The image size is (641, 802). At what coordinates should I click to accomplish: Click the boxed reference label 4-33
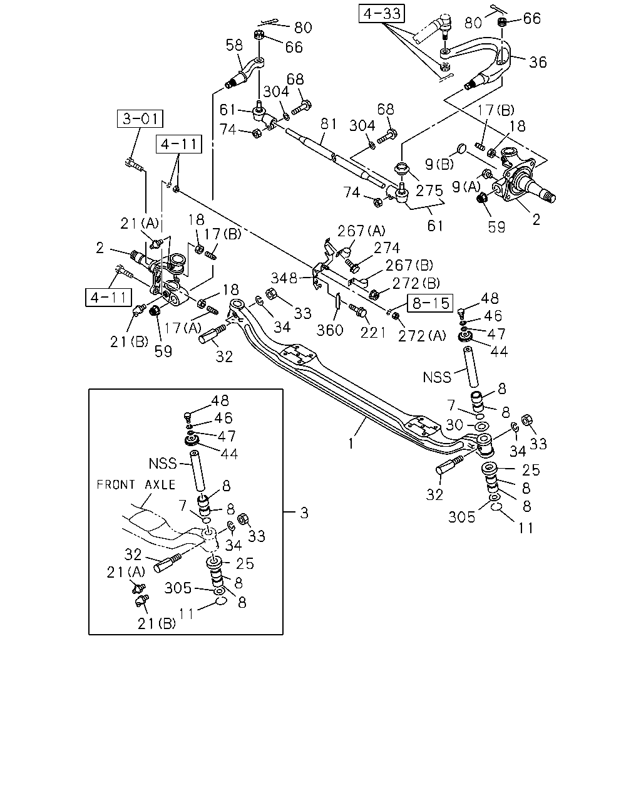(381, 14)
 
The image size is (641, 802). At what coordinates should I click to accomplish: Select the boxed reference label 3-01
(140, 119)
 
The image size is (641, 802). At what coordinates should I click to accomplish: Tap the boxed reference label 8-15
(430, 303)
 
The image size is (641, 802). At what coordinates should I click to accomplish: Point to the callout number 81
(329, 123)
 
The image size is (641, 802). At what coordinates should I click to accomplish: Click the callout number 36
(538, 62)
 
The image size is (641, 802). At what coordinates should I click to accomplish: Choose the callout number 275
(429, 191)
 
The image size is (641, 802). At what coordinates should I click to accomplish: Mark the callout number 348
(284, 278)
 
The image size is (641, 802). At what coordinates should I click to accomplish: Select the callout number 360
(330, 330)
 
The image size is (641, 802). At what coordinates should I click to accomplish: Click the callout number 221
(373, 333)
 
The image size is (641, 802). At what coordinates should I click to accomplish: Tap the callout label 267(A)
(361, 231)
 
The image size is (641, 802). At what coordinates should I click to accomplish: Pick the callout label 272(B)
(416, 284)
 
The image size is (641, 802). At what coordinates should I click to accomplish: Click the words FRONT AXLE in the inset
(136, 484)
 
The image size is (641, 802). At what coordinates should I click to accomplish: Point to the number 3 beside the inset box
(304, 513)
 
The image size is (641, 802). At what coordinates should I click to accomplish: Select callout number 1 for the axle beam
(351, 444)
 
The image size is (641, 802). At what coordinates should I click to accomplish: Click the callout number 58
(234, 46)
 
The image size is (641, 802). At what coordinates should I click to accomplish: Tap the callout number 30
(454, 424)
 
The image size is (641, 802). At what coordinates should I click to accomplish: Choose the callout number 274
(387, 248)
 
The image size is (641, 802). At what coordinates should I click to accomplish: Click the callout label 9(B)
(439, 164)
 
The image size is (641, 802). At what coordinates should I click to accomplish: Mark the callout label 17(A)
(183, 328)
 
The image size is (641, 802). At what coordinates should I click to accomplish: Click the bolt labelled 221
(357, 310)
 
